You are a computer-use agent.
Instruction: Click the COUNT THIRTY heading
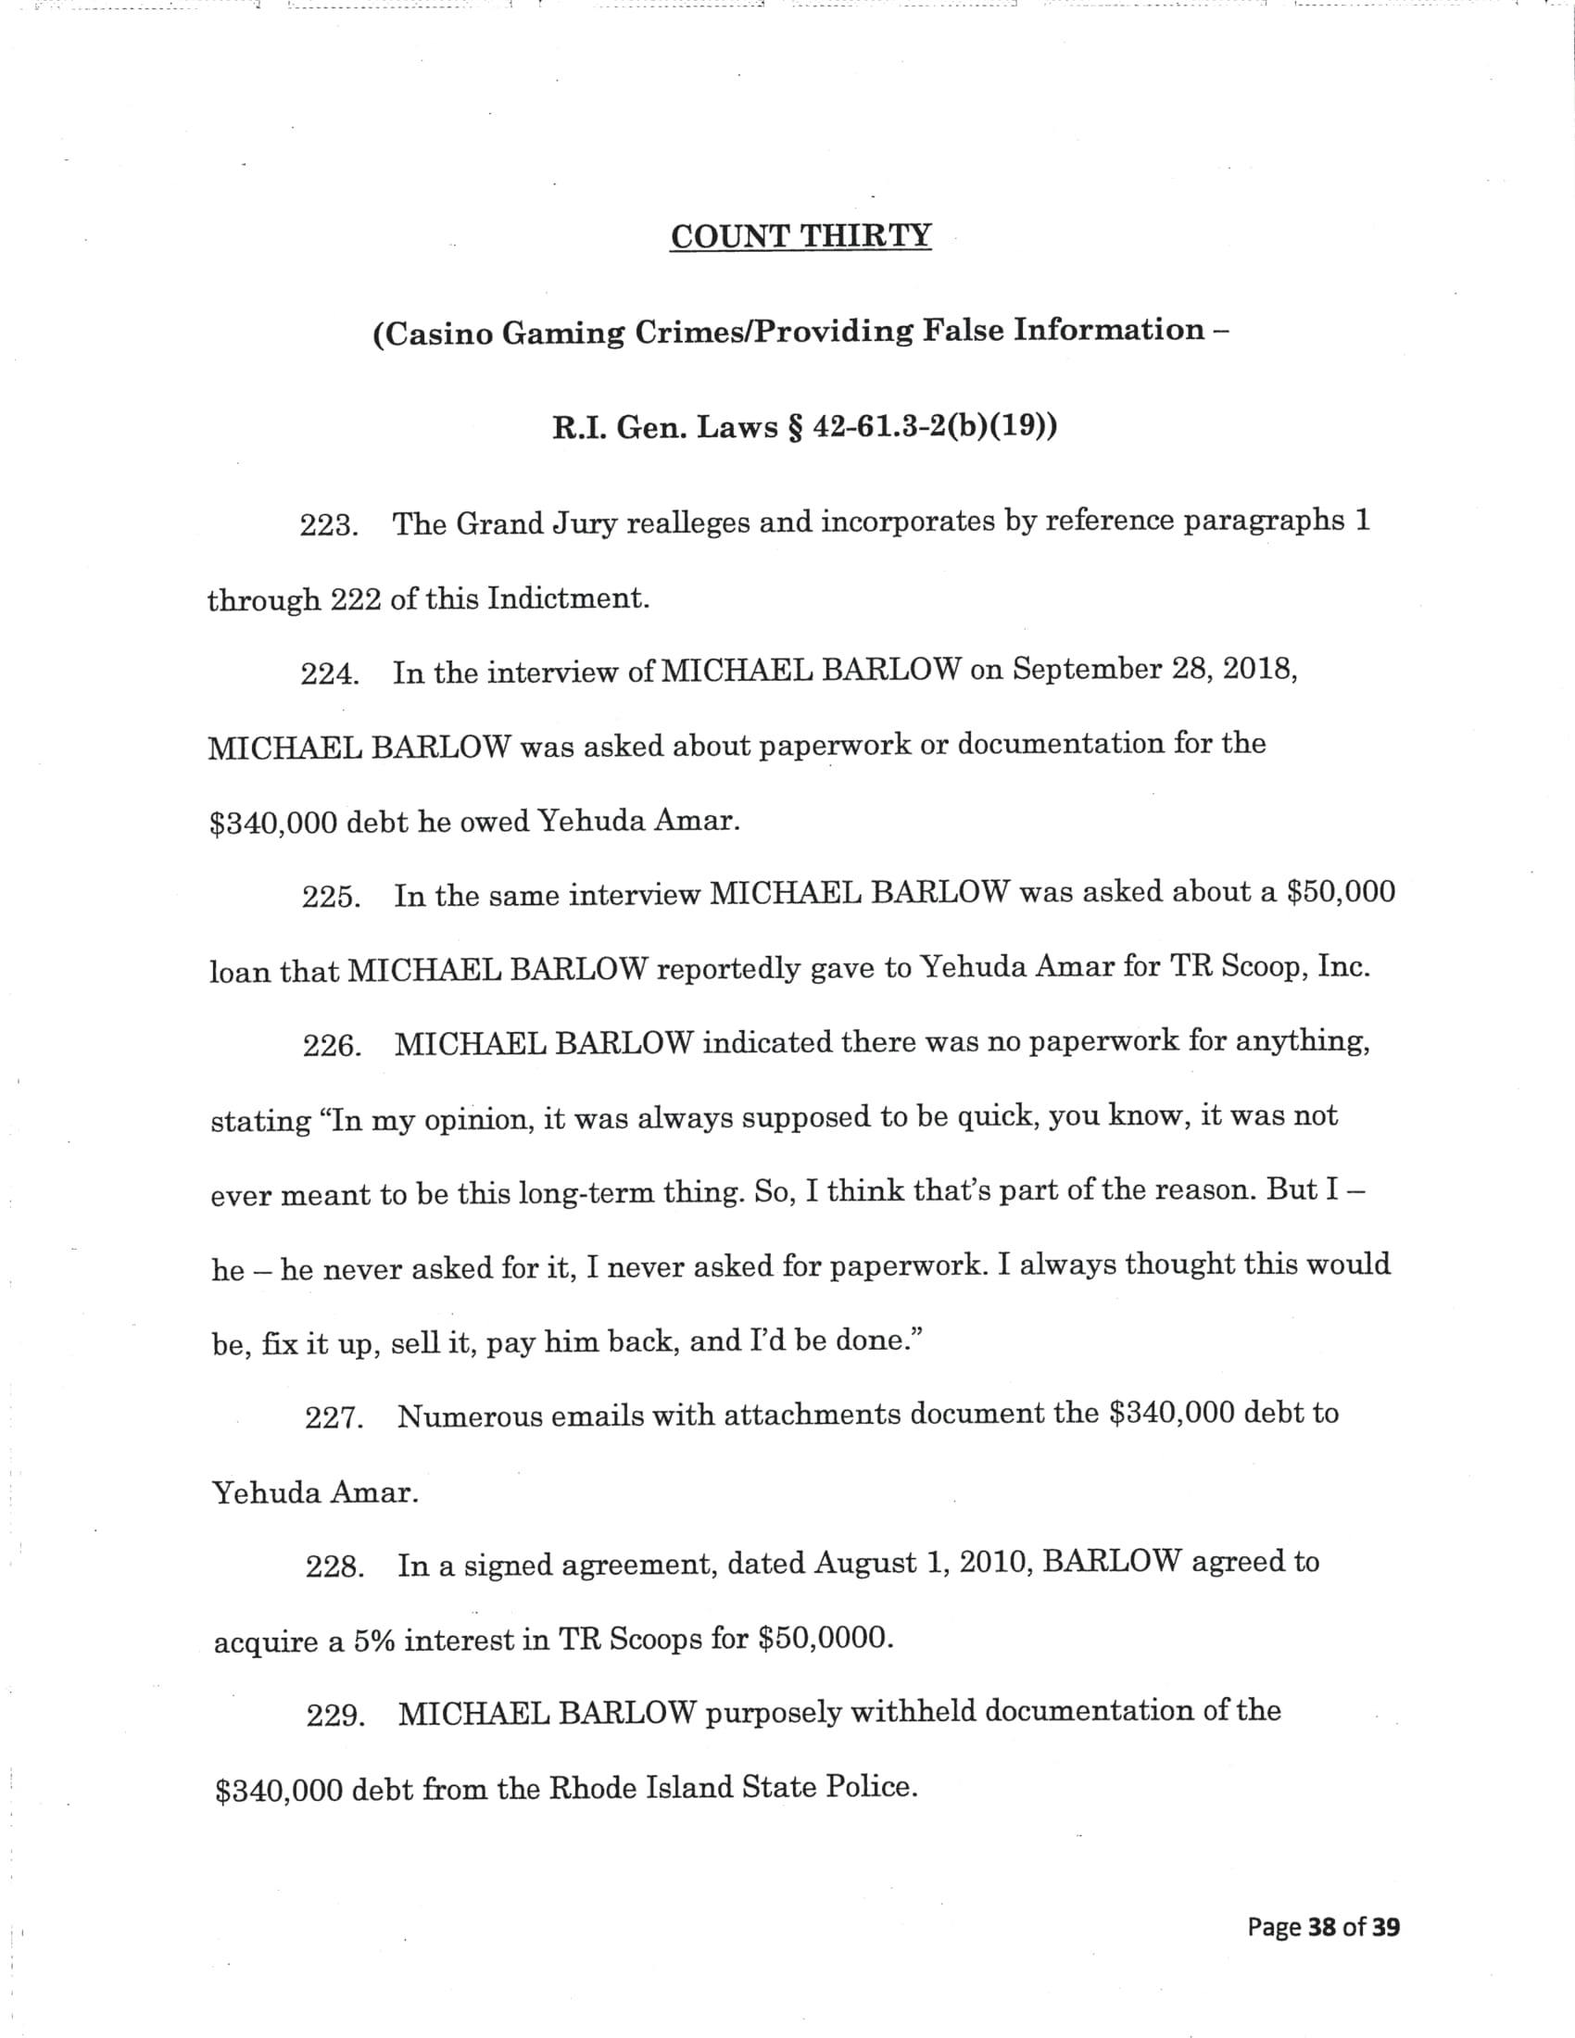click(x=800, y=236)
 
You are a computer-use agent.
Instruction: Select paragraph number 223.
click(x=329, y=526)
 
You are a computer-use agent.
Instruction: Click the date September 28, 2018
click(x=1155, y=671)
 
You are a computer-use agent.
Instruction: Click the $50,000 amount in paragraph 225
click(x=1341, y=893)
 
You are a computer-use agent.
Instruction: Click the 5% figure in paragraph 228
click(x=373, y=1642)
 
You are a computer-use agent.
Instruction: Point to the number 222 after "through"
click(x=356, y=599)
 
